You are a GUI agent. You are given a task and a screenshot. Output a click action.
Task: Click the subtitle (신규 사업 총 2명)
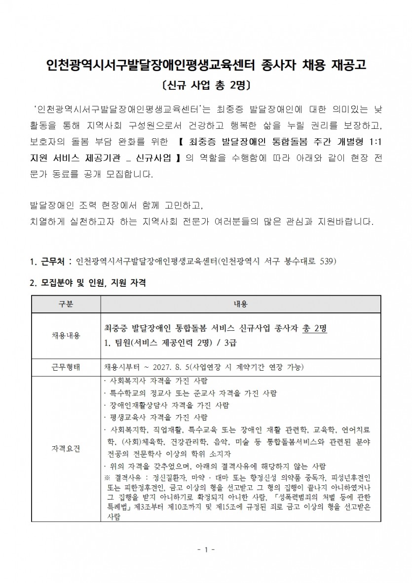(206, 86)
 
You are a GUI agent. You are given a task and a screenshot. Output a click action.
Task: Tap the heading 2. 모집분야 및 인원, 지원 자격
(88, 283)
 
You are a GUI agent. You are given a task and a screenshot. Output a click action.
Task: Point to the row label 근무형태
(66, 368)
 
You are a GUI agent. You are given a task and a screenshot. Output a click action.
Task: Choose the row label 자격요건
(66, 449)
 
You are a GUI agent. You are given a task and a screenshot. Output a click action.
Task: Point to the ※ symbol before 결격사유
(108, 478)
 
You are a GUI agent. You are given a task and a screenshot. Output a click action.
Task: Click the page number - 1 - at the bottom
(206, 549)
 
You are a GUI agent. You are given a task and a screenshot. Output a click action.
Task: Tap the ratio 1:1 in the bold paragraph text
(374, 142)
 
